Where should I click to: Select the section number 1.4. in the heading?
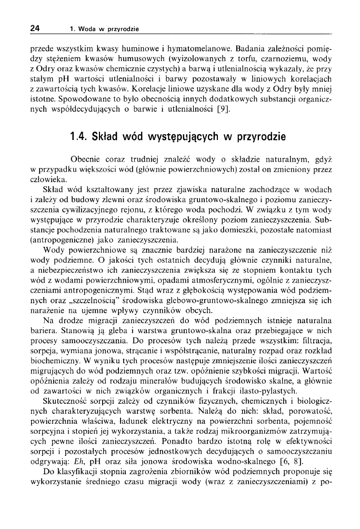tap(79, 137)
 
